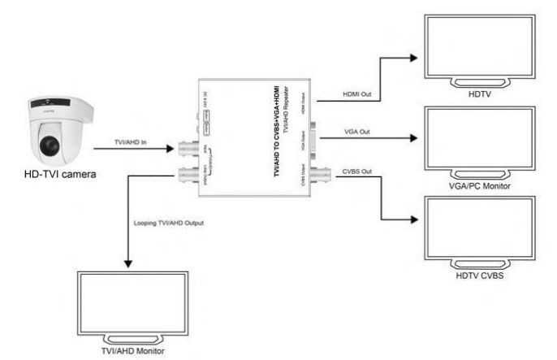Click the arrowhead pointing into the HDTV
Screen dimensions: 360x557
(x=413, y=57)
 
